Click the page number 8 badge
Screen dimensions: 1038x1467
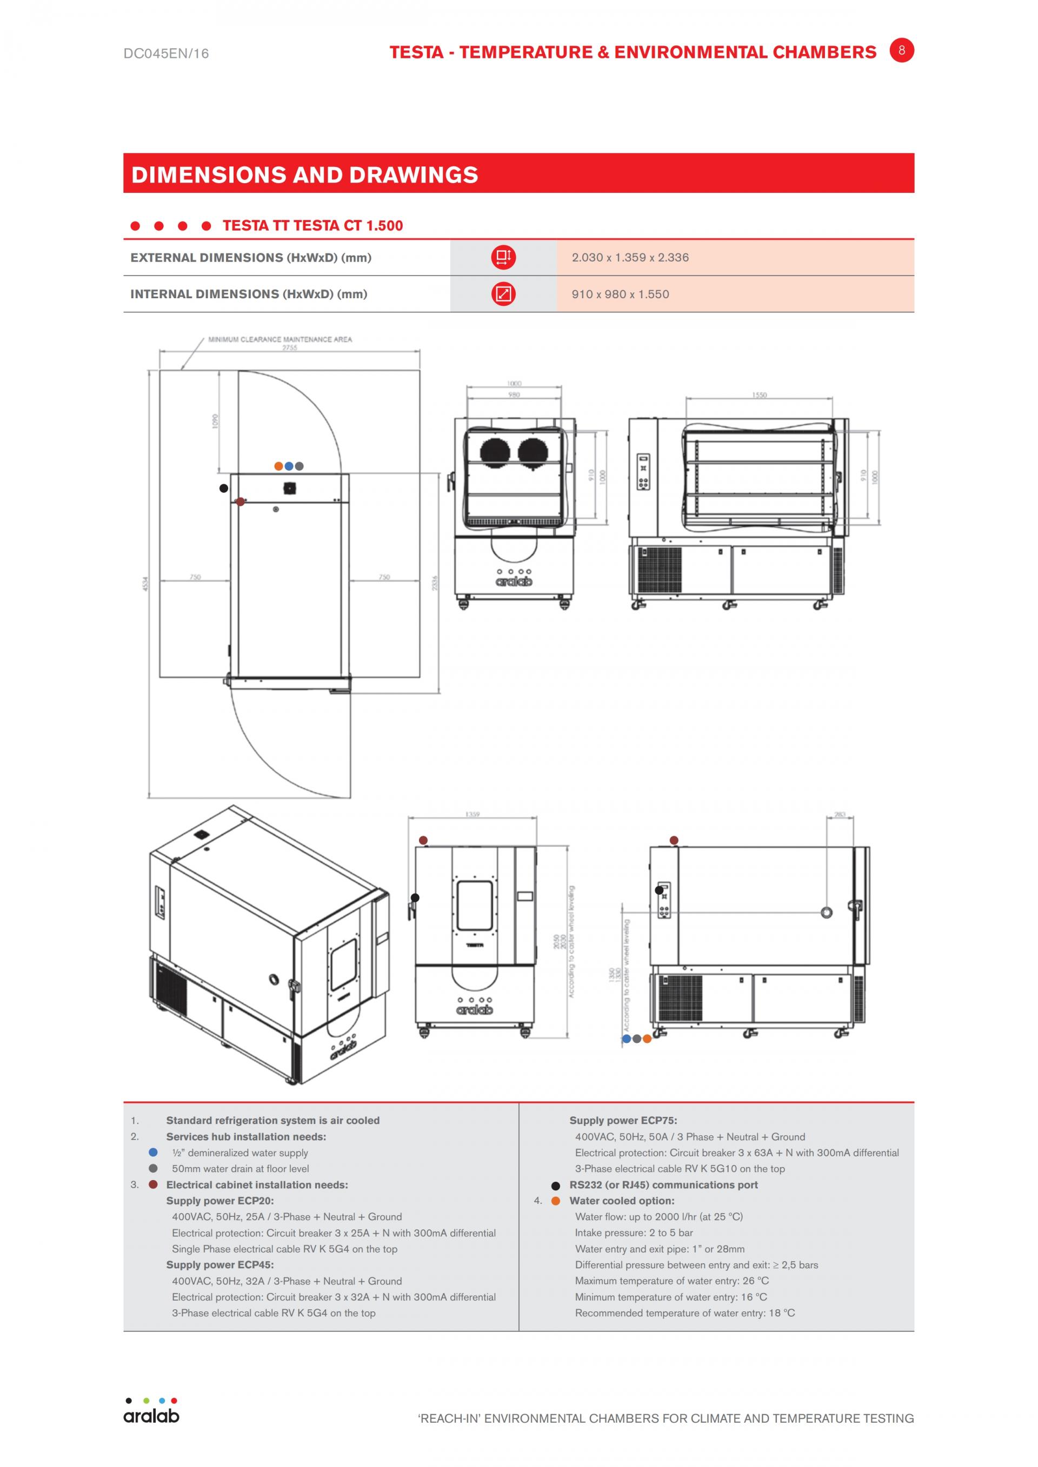(x=901, y=50)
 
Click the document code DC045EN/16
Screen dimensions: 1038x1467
(x=166, y=53)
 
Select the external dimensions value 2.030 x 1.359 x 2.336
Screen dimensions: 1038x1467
(x=630, y=258)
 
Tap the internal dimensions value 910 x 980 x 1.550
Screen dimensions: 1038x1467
(x=620, y=294)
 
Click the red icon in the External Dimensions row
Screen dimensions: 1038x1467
(x=503, y=258)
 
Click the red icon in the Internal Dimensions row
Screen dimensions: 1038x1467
(x=503, y=294)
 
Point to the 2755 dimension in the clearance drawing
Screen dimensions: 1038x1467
(x=290, y=347)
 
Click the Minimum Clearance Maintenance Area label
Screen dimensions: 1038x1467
(x=280, y=339)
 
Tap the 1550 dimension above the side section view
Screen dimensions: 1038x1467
(x=758, y=395)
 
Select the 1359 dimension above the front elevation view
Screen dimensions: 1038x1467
(x=473, y=814)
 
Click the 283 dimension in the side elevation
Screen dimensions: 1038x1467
(x=839, y=814)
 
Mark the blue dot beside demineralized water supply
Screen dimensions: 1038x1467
(x=153, y=1152)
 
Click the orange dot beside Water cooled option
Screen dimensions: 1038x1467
(x=555, y=1201)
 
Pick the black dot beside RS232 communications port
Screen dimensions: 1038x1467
(x=555, y=1185)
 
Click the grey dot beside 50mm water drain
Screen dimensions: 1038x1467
(x=153, y=1168)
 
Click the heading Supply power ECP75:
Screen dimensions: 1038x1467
(x=623, y=1120)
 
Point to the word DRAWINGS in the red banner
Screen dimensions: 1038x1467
(x=414, y=175)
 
